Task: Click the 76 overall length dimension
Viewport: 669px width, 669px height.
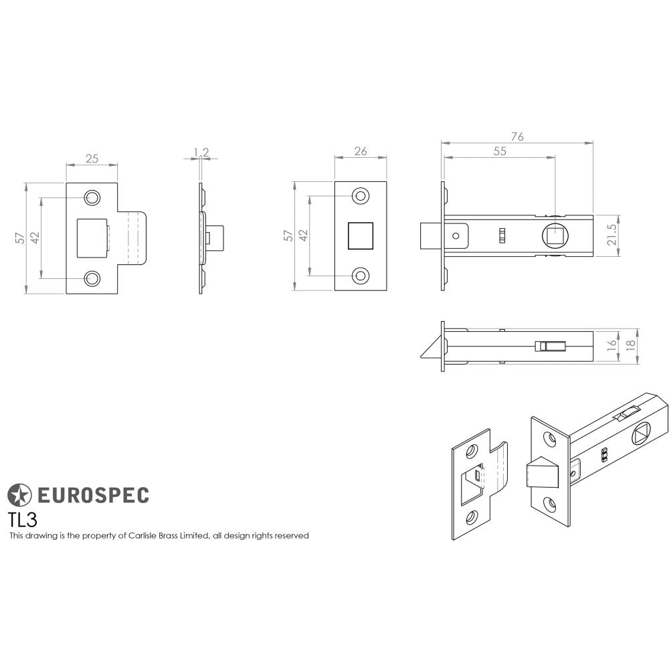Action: [x=517, y=136]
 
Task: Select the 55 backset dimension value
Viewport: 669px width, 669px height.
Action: [x=500, y=151]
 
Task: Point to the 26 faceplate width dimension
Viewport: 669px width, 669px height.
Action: [x=361, y=151]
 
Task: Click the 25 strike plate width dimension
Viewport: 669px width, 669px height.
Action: [x=92, y=159]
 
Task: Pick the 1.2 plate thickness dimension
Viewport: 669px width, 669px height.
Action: [x=201, y=153]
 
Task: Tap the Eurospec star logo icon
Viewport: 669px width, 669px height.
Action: [x=19, y=495]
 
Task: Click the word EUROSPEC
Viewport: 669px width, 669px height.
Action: [x=92, y=495]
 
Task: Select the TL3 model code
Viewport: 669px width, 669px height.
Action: [x=22, y=519]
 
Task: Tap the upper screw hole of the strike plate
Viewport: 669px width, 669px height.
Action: [x=91, y=197]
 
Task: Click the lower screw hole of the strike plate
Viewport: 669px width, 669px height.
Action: [x=91, y=278]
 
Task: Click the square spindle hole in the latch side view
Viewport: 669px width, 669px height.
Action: [x=555, y=235]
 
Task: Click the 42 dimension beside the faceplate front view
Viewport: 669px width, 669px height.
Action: [x=302, y=235]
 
